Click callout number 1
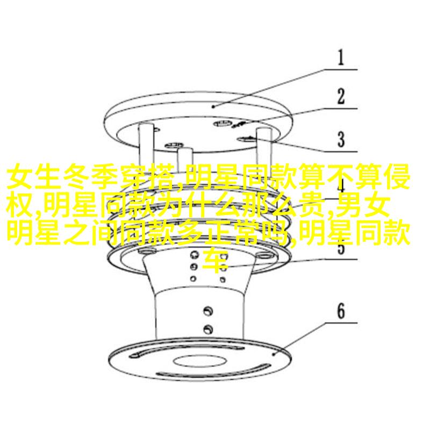(x=341, y=58)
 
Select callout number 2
(x=341, y=96)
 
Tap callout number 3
(x=341, y=139)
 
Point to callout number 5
(x=341, y=247)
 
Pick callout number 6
(x=341, y=311)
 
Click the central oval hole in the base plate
(x=199, y=361)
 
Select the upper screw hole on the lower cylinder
(x=209, y=311)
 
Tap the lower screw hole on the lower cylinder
(x=209, y=328)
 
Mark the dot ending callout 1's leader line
(x=213, y=106)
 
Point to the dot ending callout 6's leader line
(x=274, y=354)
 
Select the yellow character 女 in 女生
(x=19, y=176)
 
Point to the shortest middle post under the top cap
(x=185, y=160)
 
